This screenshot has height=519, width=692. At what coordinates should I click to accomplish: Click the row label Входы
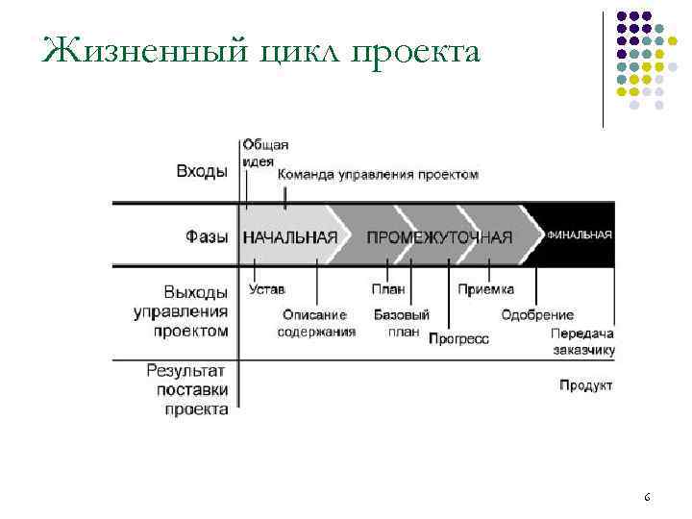tap(202, 172)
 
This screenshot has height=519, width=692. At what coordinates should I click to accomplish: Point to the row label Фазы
tap(206, 235)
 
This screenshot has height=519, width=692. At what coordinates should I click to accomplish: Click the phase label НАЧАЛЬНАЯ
tap(289, 237)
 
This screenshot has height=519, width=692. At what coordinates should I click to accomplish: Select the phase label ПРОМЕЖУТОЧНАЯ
tap(439, 237)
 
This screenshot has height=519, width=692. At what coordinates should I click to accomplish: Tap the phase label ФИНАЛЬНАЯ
tap(580, 235)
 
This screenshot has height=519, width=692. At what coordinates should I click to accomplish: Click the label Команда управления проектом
tap(378, 175)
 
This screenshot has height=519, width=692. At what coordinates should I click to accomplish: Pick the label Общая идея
tap(264, 153)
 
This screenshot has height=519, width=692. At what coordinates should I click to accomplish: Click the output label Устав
tap(266, 289)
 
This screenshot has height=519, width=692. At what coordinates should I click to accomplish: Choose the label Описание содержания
tap(316, 323)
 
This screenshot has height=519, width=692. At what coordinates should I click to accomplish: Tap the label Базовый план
tap(401, 323)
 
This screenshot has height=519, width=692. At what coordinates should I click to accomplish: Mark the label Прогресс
tap(458, 338)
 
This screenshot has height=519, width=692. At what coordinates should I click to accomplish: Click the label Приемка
tap(485, 289)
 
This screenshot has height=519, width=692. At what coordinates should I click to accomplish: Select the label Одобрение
tap(537, 314)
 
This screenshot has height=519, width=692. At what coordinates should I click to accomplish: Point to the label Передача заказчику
tap(582, 341)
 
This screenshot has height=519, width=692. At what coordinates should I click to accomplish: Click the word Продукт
tap(585, 385)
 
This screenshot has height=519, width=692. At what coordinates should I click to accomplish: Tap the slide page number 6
tap(647, 497)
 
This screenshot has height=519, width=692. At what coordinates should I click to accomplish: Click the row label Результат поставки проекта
tap(187, 388)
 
